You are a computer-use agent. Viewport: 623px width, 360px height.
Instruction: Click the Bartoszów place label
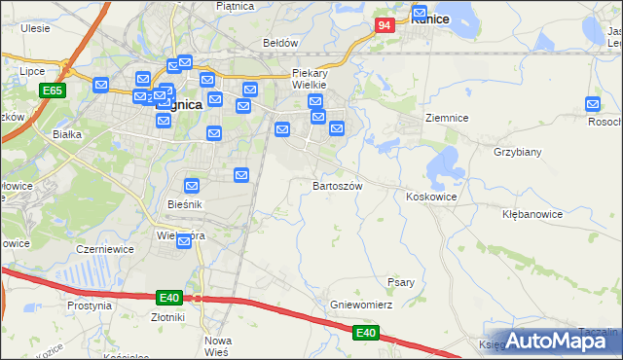[338, 185]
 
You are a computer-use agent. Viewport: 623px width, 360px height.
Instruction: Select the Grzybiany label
[517, 153]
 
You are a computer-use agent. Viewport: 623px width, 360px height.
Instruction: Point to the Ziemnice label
[448, 118]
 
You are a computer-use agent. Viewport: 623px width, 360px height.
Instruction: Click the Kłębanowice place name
[532, 213]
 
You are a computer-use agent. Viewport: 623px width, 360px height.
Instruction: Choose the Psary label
[401, 282]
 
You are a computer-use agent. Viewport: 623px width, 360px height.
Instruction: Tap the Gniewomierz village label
[360, 305]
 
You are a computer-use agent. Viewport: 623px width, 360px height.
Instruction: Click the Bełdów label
[280, 43]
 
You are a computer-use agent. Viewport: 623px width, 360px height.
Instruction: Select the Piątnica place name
[235, 7]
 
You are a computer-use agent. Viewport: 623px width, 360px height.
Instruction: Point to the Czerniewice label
[105, 249]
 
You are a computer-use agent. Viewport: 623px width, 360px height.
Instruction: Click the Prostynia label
[90, 305]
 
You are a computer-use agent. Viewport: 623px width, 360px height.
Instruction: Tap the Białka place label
[66, 135]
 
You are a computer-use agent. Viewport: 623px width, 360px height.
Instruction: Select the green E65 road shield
[53, 90]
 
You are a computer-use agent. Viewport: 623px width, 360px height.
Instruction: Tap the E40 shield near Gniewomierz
[365, 333]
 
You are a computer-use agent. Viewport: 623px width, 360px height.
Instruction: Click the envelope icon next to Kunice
[421, 15]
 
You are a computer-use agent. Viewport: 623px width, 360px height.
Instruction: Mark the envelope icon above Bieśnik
[192, 185]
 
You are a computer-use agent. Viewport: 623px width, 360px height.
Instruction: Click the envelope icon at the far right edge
[593, 105]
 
